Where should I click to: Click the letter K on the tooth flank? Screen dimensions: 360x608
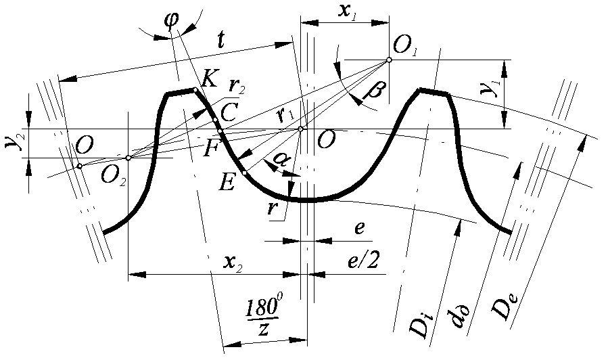point(210,79)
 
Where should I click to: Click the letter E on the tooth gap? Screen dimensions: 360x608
point(227,182)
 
